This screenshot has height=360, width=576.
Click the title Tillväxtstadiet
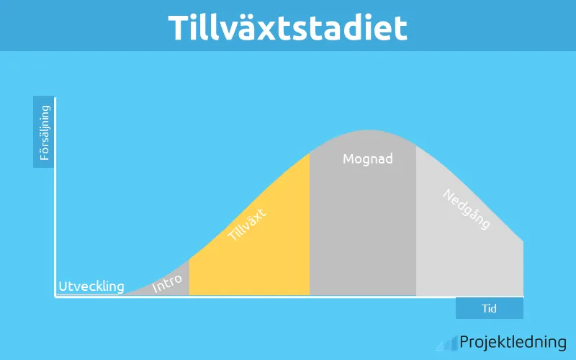288,27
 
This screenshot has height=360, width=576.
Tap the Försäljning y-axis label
44,132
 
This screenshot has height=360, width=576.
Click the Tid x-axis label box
489,308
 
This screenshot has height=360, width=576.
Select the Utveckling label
91,286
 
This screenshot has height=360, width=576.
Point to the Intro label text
168,284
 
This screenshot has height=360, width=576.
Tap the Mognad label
367,158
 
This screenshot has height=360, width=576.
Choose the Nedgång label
467,209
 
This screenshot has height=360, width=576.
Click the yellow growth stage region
266,259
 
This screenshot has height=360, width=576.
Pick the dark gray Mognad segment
363,230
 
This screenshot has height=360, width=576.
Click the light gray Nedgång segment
468,259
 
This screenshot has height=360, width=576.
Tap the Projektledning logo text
513,342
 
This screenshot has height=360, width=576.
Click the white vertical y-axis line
55,194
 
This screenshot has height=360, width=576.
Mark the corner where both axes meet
55,296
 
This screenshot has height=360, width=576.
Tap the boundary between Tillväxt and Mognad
310,230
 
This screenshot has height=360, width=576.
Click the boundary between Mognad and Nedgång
416,230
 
